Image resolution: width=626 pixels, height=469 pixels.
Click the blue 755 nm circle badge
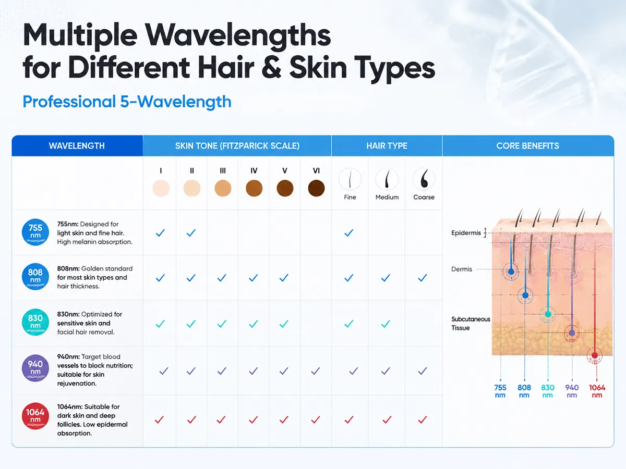coord(35,232)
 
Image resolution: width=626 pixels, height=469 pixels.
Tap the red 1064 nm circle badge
coord(35,416)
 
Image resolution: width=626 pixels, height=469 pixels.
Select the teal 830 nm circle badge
coord(35,322)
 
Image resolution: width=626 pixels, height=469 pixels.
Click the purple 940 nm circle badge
coord(35,368)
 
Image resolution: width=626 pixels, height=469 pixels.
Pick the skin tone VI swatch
coord(316,188)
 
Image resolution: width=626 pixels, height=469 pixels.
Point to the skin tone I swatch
coord(161,188)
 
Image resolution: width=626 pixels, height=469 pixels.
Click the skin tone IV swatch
coord(254,188)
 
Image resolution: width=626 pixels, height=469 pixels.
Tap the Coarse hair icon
coord(424,179)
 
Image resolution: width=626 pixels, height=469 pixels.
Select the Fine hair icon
coord(350,179)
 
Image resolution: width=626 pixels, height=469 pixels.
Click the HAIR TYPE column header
coord(387,146)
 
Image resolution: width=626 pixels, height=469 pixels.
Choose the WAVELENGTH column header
coord(77,146)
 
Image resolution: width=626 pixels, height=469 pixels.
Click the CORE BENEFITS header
coord(527,146)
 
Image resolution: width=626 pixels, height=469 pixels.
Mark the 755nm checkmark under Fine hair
coord(349,233)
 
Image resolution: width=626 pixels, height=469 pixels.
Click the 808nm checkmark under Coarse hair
coord(423,278)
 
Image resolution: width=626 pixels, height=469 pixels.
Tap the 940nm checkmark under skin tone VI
coord(316,371)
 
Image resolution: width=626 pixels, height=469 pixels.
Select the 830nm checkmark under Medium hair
coord(386,324)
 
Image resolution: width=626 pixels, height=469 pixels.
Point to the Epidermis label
coord(466,233)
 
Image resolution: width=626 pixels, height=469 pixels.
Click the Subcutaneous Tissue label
coord(471,324)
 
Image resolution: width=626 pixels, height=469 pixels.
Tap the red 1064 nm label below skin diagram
coord(597,391)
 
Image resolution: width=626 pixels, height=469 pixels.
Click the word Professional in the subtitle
coord(69,102)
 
